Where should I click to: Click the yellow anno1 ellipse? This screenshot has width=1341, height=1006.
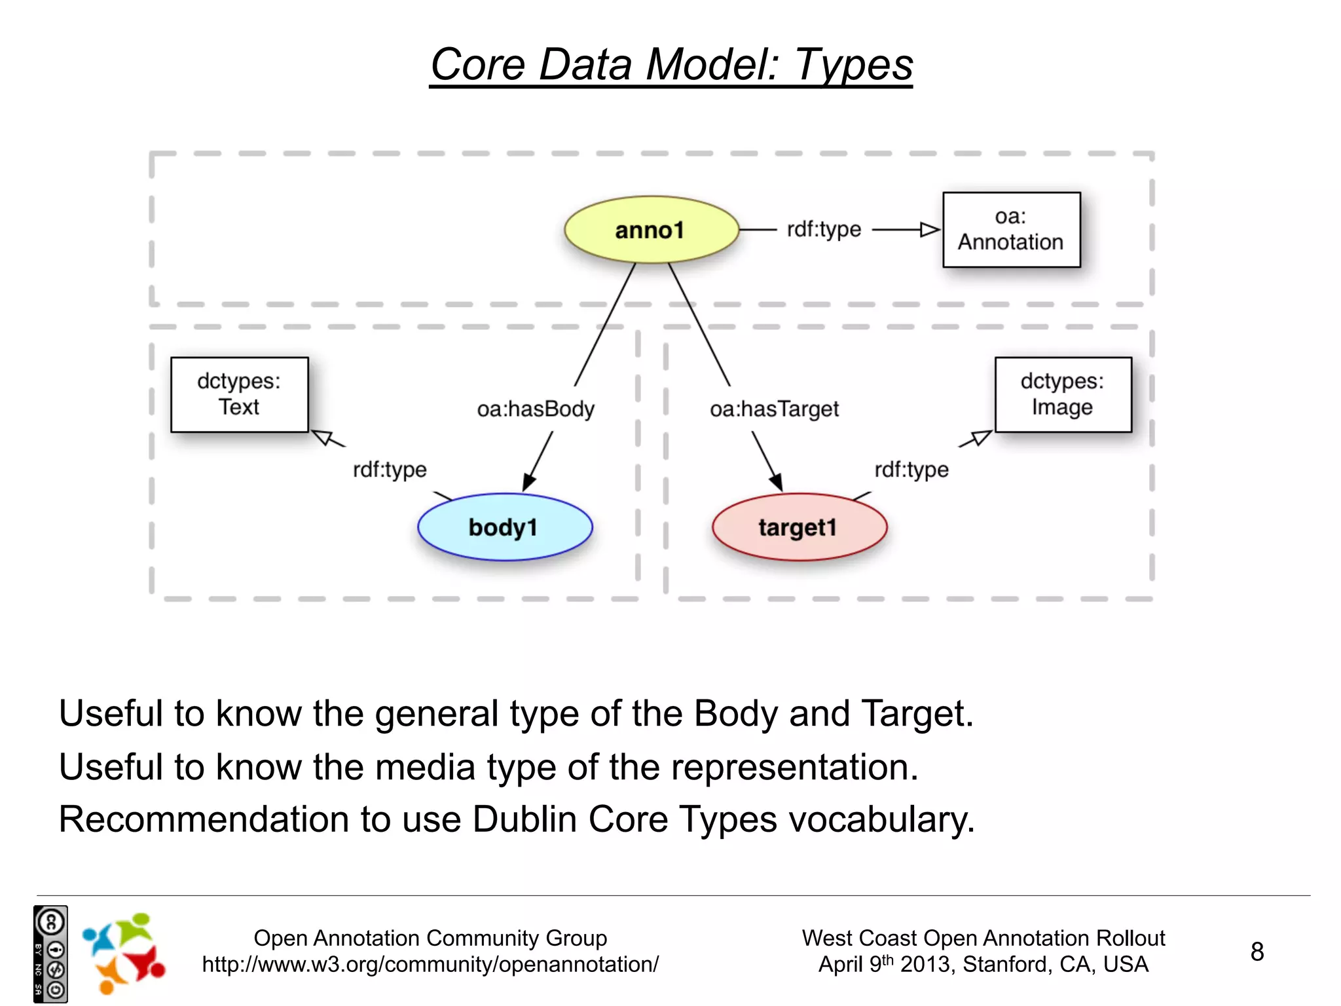tap(651, 230)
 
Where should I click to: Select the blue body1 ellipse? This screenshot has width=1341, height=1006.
tap(504, 527)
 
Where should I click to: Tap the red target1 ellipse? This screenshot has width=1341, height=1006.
tap(799, 527)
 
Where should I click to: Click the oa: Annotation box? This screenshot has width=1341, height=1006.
tap(1011, 230)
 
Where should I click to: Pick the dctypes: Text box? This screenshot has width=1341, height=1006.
tap(239, 394)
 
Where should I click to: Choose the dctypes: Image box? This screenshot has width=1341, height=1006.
tap(1063, 394)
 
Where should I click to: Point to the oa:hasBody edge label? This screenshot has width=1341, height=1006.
tap(536, 409)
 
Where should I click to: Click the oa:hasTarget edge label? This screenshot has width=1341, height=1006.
tap(774, 409)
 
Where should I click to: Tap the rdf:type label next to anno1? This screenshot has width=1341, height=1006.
tap(824, 229)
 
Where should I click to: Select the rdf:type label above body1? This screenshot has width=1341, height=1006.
tap(390, 470)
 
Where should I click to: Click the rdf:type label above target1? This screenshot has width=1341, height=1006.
tap(911, 470)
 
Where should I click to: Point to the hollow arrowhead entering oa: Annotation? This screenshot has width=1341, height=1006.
tap(930, 230)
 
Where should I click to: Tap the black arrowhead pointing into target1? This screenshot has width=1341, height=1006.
tap(776, 483)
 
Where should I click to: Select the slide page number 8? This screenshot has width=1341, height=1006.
tap(1257, 952)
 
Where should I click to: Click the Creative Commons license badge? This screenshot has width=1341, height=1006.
tap(50, 954)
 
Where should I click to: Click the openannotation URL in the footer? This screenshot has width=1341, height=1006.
tap(430, 965)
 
